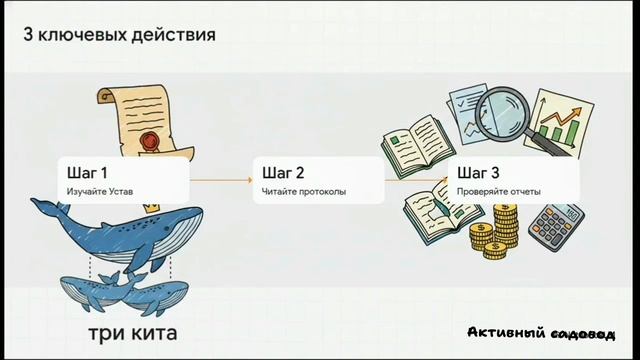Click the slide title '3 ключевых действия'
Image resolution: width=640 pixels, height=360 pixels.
[x=119, y=36]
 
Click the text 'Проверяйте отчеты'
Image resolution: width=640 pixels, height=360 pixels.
[x=499, y=190]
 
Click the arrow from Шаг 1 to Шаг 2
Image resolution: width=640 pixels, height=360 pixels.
[x=220, y=180]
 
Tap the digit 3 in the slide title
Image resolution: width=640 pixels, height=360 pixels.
[x=28, y=36]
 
